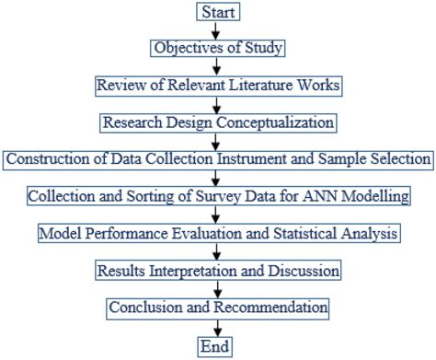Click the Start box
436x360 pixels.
click(218, 11)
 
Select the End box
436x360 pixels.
click(218, 346)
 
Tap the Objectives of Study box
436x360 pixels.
click(218, 48)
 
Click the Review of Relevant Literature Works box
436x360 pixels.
click(218, 85)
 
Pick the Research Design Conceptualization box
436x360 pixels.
click(218, 122)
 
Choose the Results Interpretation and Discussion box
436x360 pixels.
click(218, 271)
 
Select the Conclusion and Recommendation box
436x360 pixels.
click(218, 308)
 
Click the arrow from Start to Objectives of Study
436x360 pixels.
click(218, 29)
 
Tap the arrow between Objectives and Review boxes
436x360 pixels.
click(218, 66)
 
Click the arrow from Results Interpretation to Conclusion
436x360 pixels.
click(218, 289)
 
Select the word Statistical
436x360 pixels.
click(317, 234)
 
